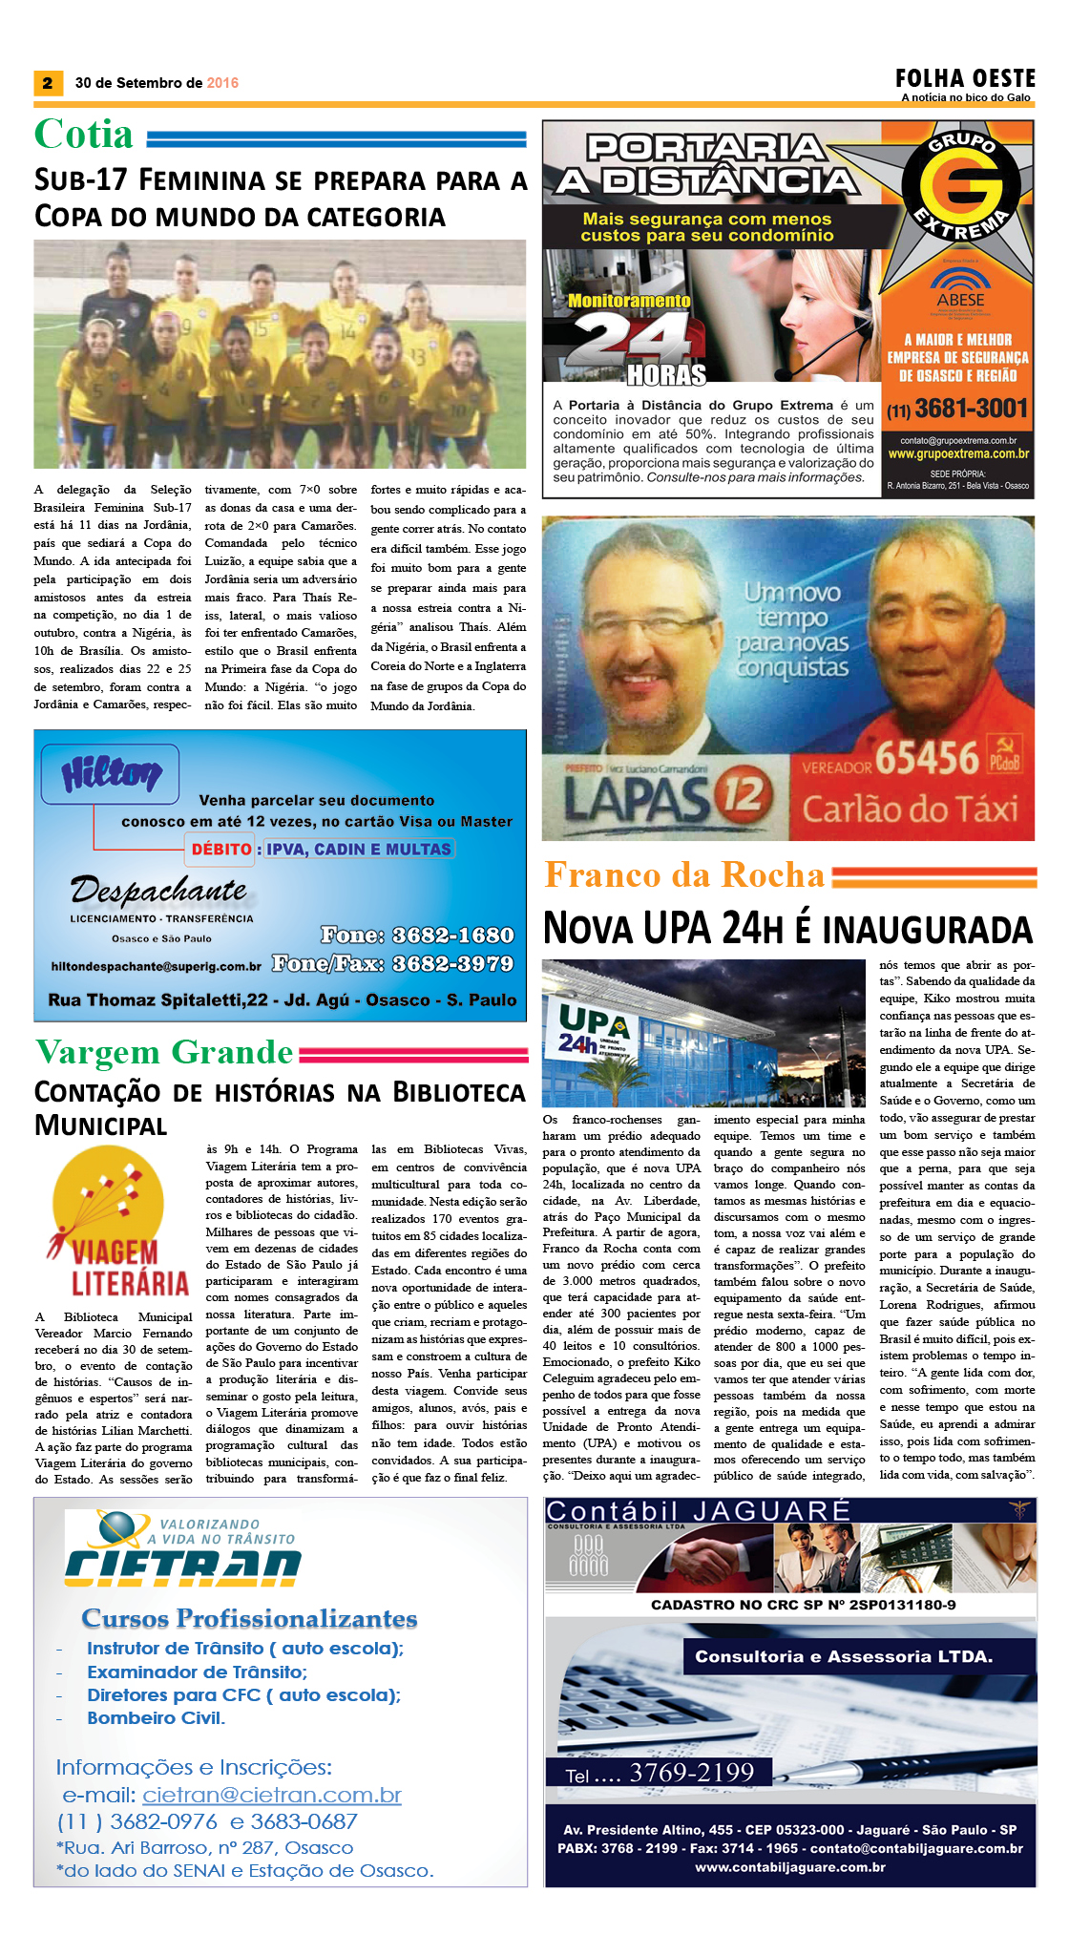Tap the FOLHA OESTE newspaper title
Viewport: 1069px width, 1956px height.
coord(965,78)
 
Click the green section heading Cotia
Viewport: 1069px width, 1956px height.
coord(84,135)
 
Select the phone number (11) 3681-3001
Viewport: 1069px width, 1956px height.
coord(957,410)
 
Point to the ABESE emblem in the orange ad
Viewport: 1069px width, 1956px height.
coord(959,287)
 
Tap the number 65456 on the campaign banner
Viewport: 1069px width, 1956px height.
coord(927,759)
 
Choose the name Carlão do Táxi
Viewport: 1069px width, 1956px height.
coord(910,810)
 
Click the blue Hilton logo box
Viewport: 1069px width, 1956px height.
coord(110,773)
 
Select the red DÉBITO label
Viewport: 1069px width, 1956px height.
coord(220,849)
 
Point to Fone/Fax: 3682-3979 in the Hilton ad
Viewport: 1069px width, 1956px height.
coord(392,963)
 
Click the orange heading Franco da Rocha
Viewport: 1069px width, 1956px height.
coord(683,875)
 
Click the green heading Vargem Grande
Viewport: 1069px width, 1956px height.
coord(164,1052)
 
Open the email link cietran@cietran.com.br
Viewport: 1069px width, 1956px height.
coord(271,1795)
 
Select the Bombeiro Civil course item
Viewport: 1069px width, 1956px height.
coord(156,1717)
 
